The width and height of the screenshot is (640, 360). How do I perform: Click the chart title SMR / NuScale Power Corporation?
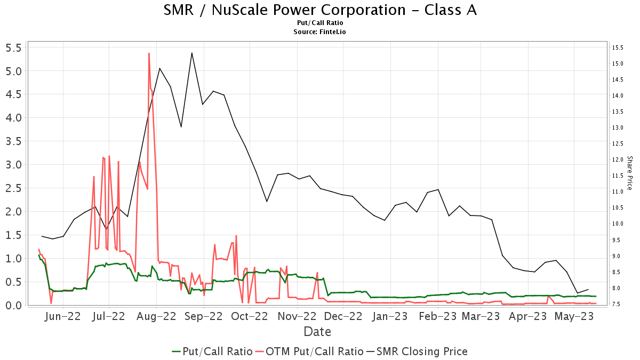(x=320, y=10)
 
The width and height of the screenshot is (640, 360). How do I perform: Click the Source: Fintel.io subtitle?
(x=320, y=32)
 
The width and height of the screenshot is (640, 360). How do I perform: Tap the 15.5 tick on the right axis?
(x=618, y=47)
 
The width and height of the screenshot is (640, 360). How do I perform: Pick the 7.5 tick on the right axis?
(x=618, y=305)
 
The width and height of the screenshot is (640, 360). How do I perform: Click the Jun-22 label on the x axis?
(x=63, y=316)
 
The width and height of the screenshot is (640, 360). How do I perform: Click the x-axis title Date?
(x=317, y=332)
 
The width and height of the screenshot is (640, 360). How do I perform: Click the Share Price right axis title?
(x=629, y=173)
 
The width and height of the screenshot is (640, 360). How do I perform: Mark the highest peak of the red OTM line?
(x=149, y=53)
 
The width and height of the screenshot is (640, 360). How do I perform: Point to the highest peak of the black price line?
(x=191, y=53)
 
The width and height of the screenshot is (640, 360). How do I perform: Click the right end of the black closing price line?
(x=588, y=289)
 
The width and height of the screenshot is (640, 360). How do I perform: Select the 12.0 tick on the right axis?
(x=618, y=160)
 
